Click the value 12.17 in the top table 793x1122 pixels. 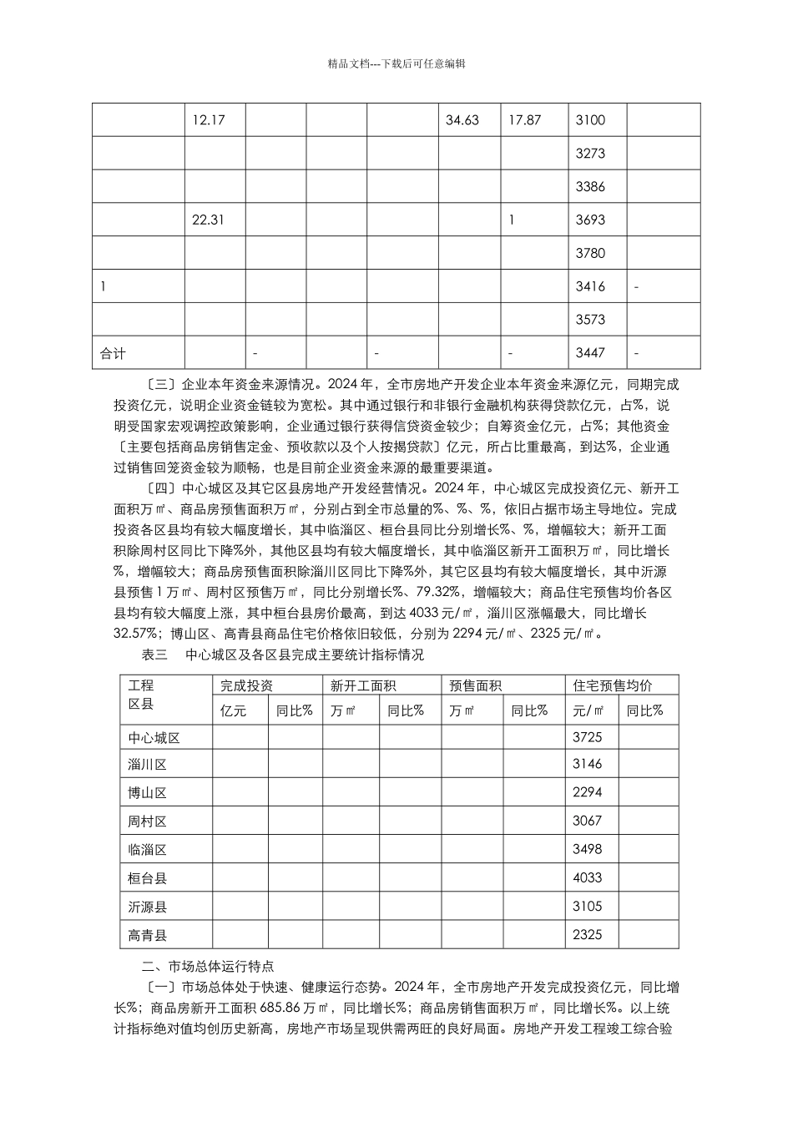[x=208, y=120]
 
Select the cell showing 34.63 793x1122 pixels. [x=462, y=120]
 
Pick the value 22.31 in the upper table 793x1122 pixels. [x=208, y=220]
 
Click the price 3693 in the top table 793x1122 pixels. [x=590, y=220]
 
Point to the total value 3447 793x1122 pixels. [x=590, y=353]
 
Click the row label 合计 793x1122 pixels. [x=113, y=353]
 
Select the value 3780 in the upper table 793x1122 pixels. [x=590, y=254]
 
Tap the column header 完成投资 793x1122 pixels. [x=246, y=686]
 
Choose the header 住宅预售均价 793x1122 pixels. [x=613, y=686]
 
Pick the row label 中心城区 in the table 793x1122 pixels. [x=154, y=738]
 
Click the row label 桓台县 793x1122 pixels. [x=148, y=878]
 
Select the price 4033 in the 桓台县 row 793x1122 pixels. [x=587, y=878]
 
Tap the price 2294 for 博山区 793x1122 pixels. [x=587, y=792]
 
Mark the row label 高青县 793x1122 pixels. [x=148, y=935]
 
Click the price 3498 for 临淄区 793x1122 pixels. [x=587, y=850]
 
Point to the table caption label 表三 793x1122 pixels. [x=155, y=655]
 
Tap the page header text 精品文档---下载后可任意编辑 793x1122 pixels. [x=396, y=63]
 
